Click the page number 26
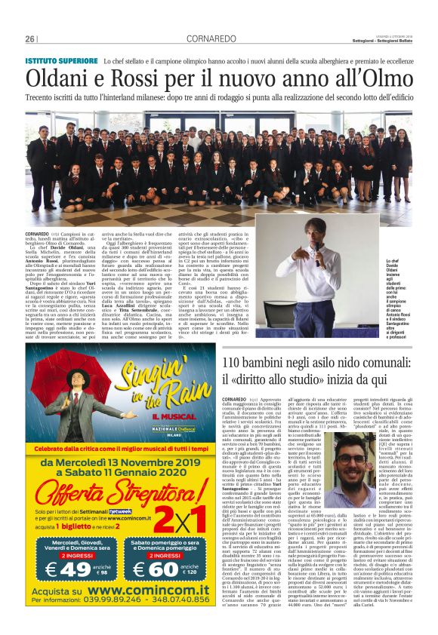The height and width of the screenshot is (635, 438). point(29,38)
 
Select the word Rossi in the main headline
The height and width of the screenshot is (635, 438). point(169,78)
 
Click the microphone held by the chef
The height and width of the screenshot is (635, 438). point(318,263)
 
